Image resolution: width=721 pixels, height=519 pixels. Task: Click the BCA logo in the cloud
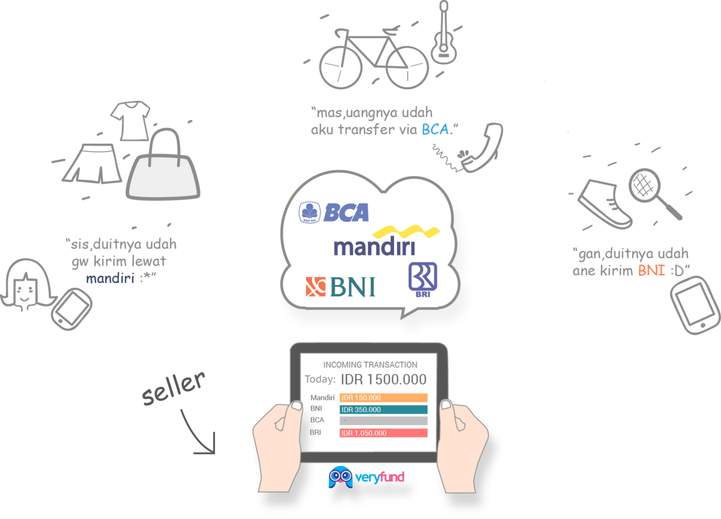334,212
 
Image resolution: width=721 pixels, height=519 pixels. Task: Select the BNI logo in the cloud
341,287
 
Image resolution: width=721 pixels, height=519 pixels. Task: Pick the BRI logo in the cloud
422,279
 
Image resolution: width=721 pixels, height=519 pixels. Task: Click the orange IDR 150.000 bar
383,397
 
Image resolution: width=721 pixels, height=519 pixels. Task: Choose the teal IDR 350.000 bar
383,409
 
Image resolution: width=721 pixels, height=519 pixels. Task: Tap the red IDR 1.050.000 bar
383,432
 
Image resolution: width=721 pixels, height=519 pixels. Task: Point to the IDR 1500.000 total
384,379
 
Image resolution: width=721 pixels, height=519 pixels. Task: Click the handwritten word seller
173,388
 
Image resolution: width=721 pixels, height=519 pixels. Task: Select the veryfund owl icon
340,477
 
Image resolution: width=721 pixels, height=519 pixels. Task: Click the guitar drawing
443,35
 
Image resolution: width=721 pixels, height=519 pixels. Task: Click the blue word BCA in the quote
435,129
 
